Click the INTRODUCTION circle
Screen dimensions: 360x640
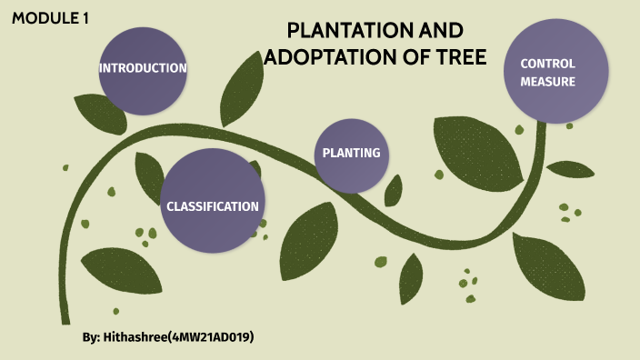(x=143, y=68)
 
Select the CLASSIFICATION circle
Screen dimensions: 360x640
(x=213, y=202)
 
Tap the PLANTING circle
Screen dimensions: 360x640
(x=351, y=154)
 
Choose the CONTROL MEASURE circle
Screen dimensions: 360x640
(x=555, y=72)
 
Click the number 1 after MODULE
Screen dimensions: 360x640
(x=85, y=18)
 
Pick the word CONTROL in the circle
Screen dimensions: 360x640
(x=548, y=64)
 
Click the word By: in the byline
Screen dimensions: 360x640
(x=91, y=337)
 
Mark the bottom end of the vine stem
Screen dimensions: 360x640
(x=65, y=320)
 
